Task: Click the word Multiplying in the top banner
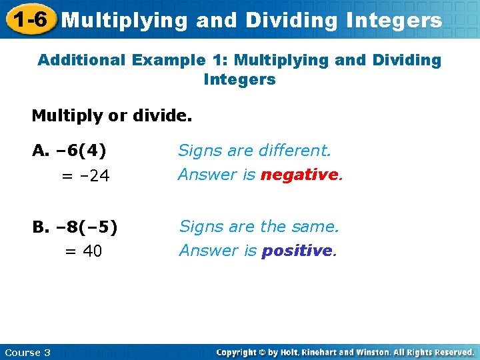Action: [125, 21]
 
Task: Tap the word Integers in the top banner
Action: [393, 21]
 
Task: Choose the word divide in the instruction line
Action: [167, 116]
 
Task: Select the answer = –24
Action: [86, 177]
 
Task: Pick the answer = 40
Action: [83, 252]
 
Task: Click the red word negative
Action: [300, 175]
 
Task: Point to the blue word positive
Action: [297, 251]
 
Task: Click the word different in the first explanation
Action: [295, 151]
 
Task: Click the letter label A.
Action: [39, 151]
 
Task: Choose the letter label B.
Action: [39, 227]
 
